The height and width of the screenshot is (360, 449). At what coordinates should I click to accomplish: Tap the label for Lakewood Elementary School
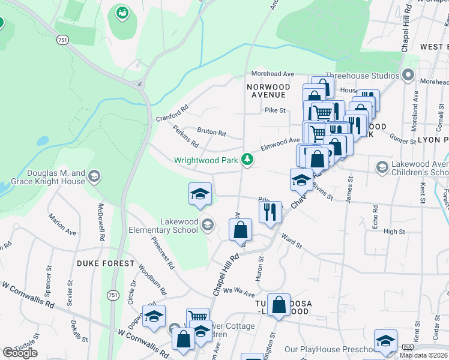pyautogui.click(x=163, y=226)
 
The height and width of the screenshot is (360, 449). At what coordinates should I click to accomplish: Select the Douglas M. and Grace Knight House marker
pyautogui.click(x=94, y=176)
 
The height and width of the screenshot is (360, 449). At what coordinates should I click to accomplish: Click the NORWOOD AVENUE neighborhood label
pyautogui.click(x=268, y=91)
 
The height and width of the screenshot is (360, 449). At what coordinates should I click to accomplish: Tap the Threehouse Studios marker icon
pyautogui.click(x=409, y=75)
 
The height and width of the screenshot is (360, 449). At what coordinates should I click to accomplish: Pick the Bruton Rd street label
pyautogui.click(x=211, y=132)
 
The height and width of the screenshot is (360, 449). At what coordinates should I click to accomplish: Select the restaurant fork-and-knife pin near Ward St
pyautogui.click(x=270, y=212)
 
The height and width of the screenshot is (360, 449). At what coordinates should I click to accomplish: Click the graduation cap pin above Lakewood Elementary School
pyautogui.click(x=200, y=194)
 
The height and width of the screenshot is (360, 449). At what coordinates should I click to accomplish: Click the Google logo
pyautogui.click(x=20, y=352)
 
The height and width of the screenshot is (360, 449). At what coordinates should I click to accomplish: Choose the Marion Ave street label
pyautogui.click(x=63, y=224)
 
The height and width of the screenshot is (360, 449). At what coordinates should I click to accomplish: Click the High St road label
pyautogui.click(x=394, y=232)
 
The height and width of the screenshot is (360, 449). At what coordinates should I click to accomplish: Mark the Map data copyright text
pyautogui.click(x=424, y=355)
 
